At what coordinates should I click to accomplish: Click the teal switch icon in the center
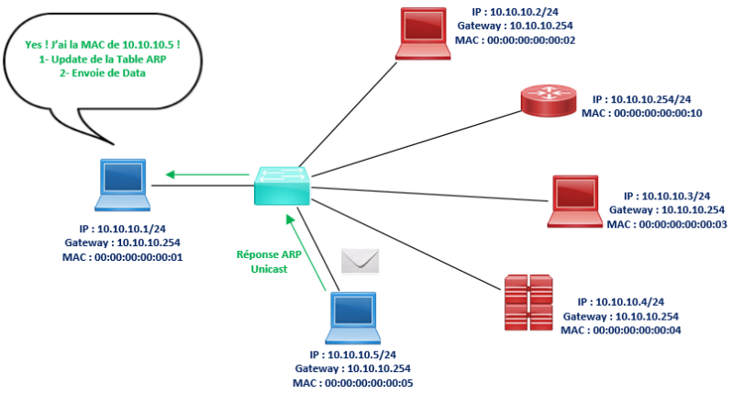coord(283,186)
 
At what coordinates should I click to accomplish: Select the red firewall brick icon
coord(528,302)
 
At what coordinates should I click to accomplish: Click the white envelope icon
coord(360,261)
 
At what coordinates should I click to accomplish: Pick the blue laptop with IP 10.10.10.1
coord(123,187)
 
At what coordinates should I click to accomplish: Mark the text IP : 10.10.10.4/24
coord(620,301)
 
